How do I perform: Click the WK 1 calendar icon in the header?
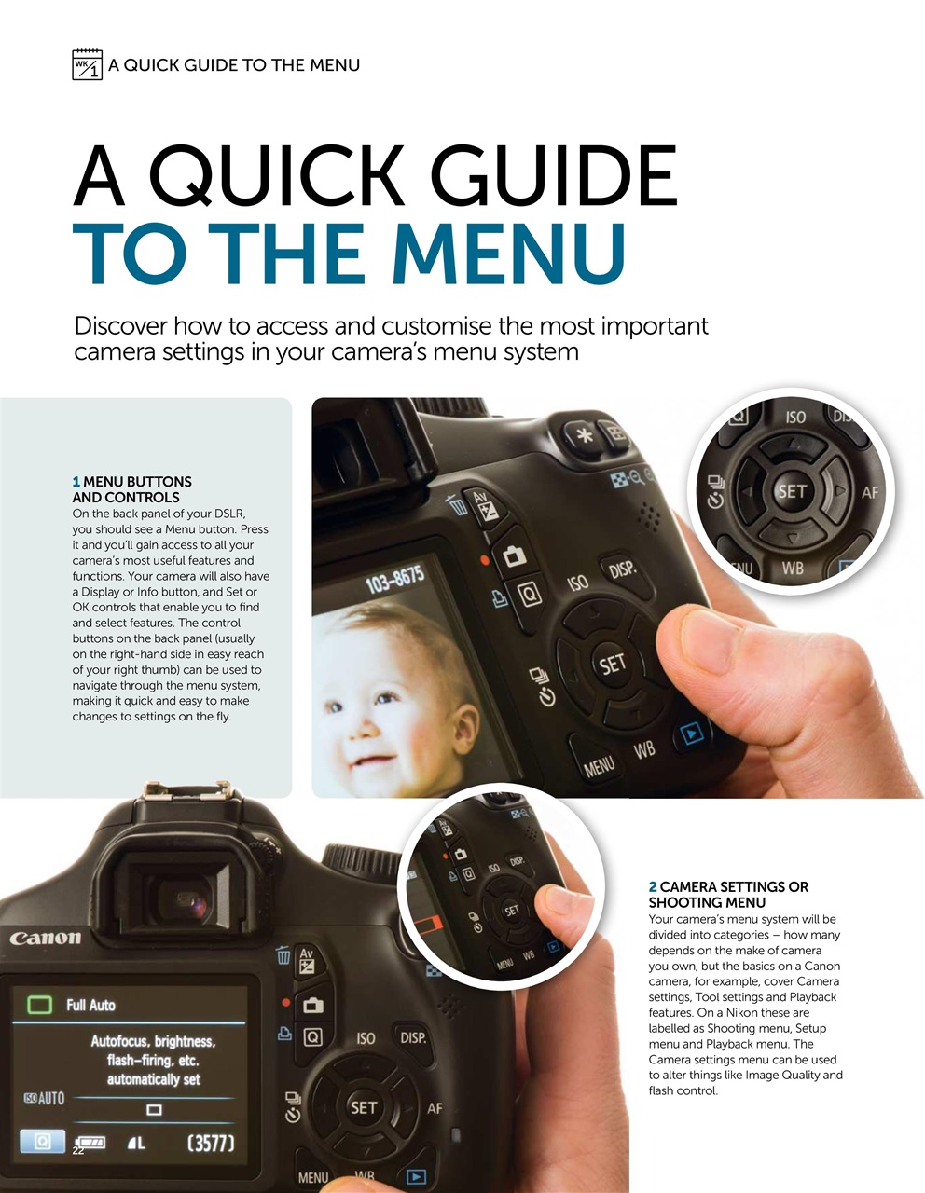[87, 65]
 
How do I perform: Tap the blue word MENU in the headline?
[508, 254]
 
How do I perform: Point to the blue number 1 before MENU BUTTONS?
[76, 482]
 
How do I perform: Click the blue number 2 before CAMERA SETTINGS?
[653, 887]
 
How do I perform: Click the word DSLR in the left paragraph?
[229, 514]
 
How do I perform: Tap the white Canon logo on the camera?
[45, 938]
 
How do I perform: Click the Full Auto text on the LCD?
[90, 1005]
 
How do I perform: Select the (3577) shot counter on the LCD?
[210, 1143]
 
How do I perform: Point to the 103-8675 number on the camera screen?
[394, 581]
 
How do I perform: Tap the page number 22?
[78, 1151]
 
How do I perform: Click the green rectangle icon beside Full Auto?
[39, 1005]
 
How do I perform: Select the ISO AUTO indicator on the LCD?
[44, 1099]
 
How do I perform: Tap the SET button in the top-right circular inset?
[792, 491]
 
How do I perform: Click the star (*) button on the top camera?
[586, 435]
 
